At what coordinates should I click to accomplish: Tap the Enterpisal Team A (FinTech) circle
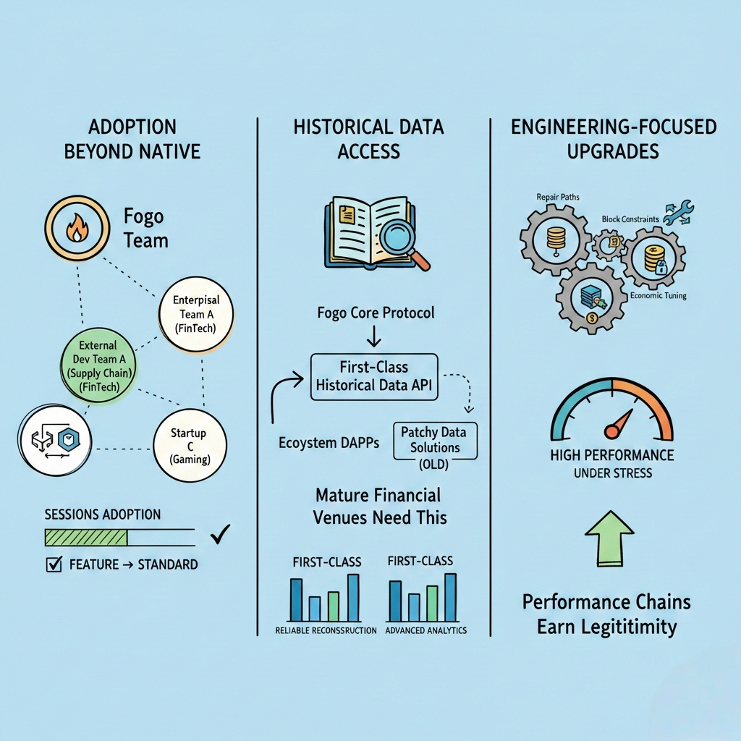point(195,313)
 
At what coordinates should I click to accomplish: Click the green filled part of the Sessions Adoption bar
point(85,537)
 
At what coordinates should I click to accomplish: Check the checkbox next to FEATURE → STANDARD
point(54,564)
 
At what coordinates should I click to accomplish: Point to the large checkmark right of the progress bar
point(219,535)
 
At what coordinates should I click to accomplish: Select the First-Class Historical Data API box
point(374,376)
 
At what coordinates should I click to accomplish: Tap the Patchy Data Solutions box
point(434,440)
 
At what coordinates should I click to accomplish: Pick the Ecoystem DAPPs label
point(329,444)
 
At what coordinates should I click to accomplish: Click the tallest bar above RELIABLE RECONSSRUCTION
point(353,598)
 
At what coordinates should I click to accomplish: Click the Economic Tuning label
point(658,295)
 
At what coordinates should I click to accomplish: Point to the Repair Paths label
point(558,196)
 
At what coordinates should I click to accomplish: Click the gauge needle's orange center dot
point(611,432)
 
